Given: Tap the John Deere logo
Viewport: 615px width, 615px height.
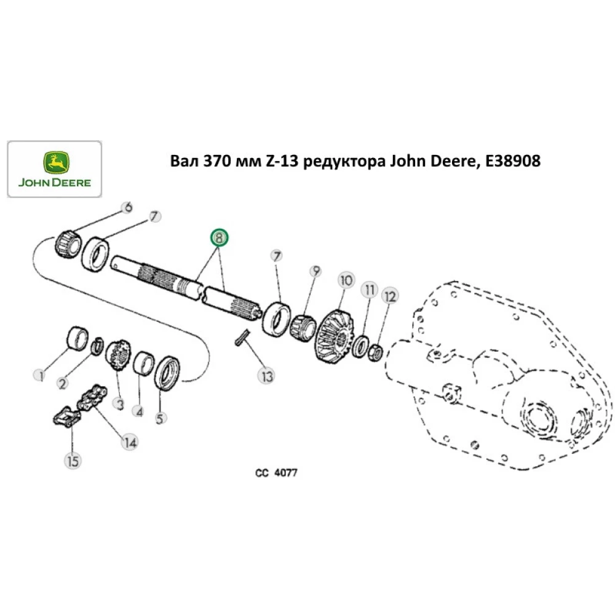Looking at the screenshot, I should click(x=54, y=170).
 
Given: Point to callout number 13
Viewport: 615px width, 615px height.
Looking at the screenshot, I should click(x=266, y=376).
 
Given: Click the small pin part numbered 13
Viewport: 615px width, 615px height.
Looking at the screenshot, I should click(x=242, y=337).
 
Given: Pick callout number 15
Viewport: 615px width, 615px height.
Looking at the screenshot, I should click(x=73, y=460).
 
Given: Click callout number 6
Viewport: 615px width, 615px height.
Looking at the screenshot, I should click(x=127, y=208).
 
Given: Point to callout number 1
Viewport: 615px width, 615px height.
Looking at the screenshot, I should click(x=41, y=375).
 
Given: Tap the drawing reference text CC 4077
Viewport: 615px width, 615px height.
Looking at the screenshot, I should click(x=277, y=474).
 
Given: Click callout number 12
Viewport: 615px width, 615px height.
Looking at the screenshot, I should click(x=389, y=296).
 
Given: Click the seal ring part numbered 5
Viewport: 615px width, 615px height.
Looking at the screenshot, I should click(x=167, y=373).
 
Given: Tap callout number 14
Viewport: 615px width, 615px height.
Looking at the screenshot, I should click(x=129, y=441).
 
